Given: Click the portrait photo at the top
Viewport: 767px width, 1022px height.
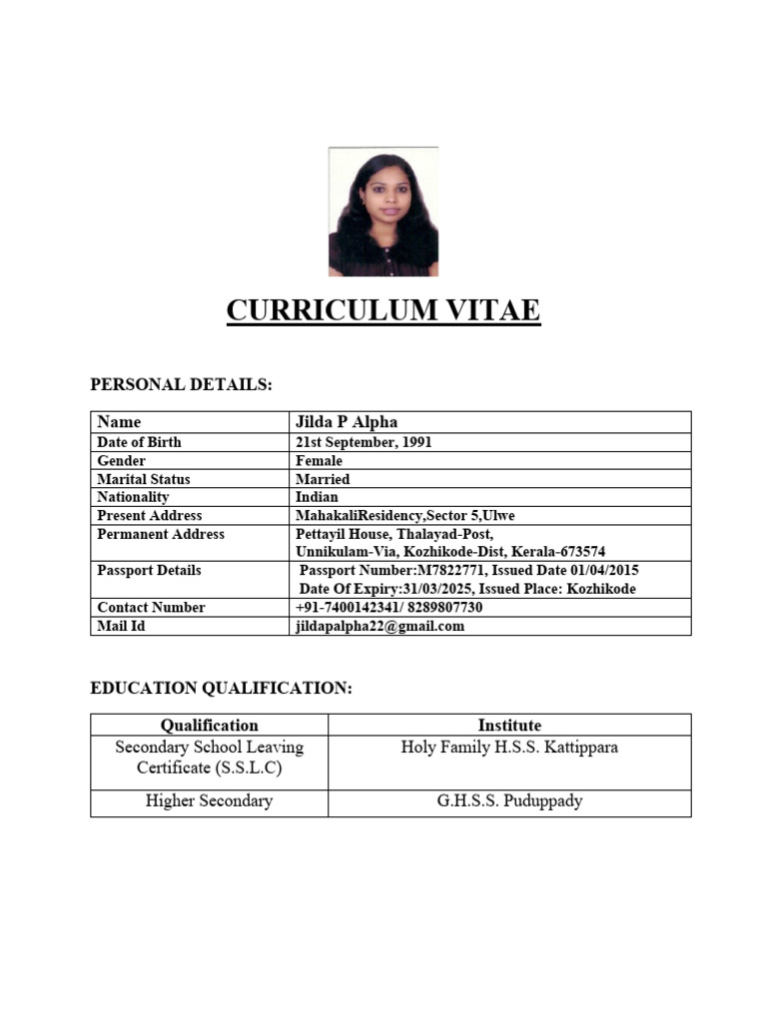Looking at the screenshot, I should point(383,212).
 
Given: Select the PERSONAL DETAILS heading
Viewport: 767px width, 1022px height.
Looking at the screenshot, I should point(181,385).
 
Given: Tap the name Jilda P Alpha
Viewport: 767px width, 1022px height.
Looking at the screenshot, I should point(347,422).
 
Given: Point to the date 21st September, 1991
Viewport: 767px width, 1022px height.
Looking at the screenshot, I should point(364,442).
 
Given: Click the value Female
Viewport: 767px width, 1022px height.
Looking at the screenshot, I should point(319,461).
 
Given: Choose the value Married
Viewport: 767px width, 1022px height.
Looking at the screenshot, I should point(323,479).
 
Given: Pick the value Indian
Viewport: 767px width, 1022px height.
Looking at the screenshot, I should point(317,497).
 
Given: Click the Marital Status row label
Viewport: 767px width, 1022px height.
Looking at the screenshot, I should point(144,479).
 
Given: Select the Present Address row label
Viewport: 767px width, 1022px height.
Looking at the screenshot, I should point(149,515).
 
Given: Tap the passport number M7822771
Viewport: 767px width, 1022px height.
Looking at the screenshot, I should point(446,570).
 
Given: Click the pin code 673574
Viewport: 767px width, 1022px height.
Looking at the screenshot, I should point(577,552).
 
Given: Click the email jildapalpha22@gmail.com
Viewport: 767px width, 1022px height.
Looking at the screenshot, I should point(381,626).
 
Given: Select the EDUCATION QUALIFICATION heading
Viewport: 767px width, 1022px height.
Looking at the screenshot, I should point(221,689).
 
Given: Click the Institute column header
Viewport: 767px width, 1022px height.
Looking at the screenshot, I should point(509,726).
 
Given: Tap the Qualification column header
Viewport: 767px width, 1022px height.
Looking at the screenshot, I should point(210,726).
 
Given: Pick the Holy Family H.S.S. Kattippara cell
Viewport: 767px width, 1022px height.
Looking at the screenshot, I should point(509,748).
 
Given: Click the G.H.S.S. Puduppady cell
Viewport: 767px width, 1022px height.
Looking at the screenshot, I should point(509,801).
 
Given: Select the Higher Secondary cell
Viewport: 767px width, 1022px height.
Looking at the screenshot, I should point(210,801).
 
